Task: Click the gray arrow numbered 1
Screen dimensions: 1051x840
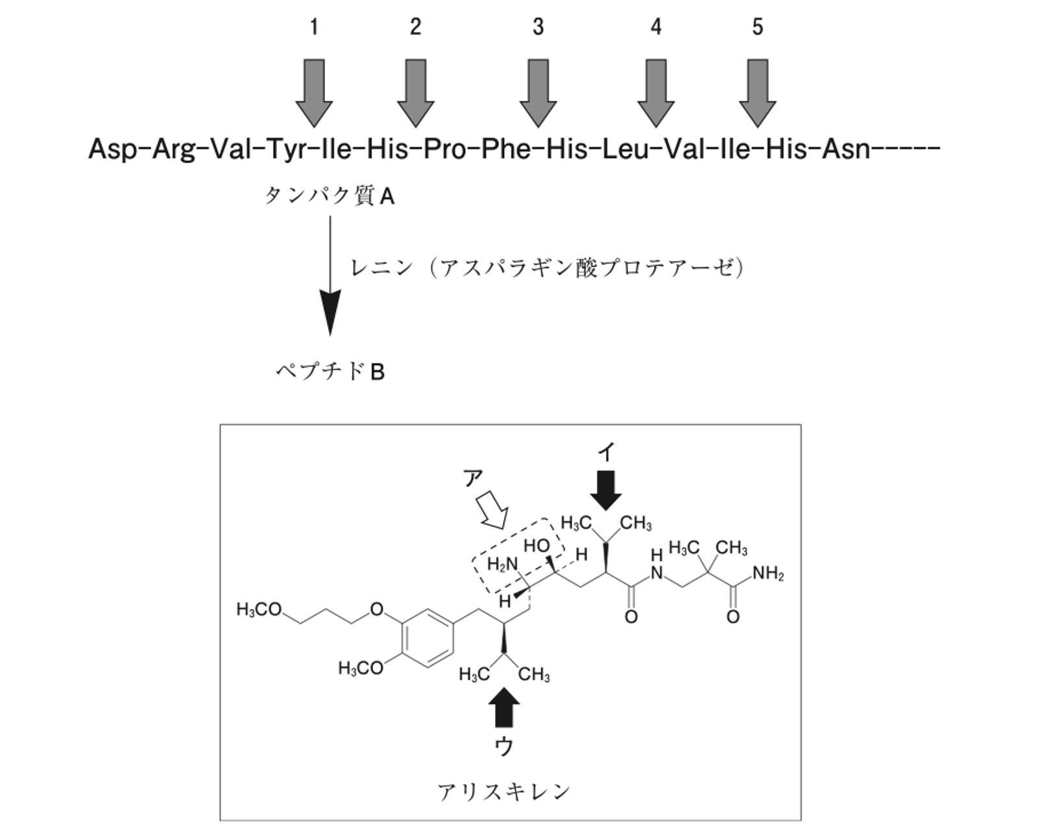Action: tap(314, 93)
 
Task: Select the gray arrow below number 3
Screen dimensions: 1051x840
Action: tap(538, 93)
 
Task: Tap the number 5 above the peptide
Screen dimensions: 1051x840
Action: tap(757, 27)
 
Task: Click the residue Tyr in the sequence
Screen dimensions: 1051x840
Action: tap(285, 149)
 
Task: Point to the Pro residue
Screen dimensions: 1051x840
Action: tap(444, 149)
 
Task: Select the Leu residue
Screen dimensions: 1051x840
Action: tap(625, 149)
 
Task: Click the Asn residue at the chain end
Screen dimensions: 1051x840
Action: tap(846, 149)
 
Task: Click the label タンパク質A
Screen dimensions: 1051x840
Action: tap(329, 197)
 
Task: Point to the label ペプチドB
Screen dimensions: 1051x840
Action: tap(330, 372)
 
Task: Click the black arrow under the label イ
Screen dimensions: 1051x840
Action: tap(605, 491)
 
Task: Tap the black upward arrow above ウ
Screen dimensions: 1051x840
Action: tap(504, 708)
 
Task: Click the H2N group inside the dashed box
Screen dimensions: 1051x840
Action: tap(502, 564)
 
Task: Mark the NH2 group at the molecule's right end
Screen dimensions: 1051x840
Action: tap(768, 573)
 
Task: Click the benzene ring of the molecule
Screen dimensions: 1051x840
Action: tap(428, 637)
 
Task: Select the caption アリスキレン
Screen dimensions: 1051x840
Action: tap(504, 791)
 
